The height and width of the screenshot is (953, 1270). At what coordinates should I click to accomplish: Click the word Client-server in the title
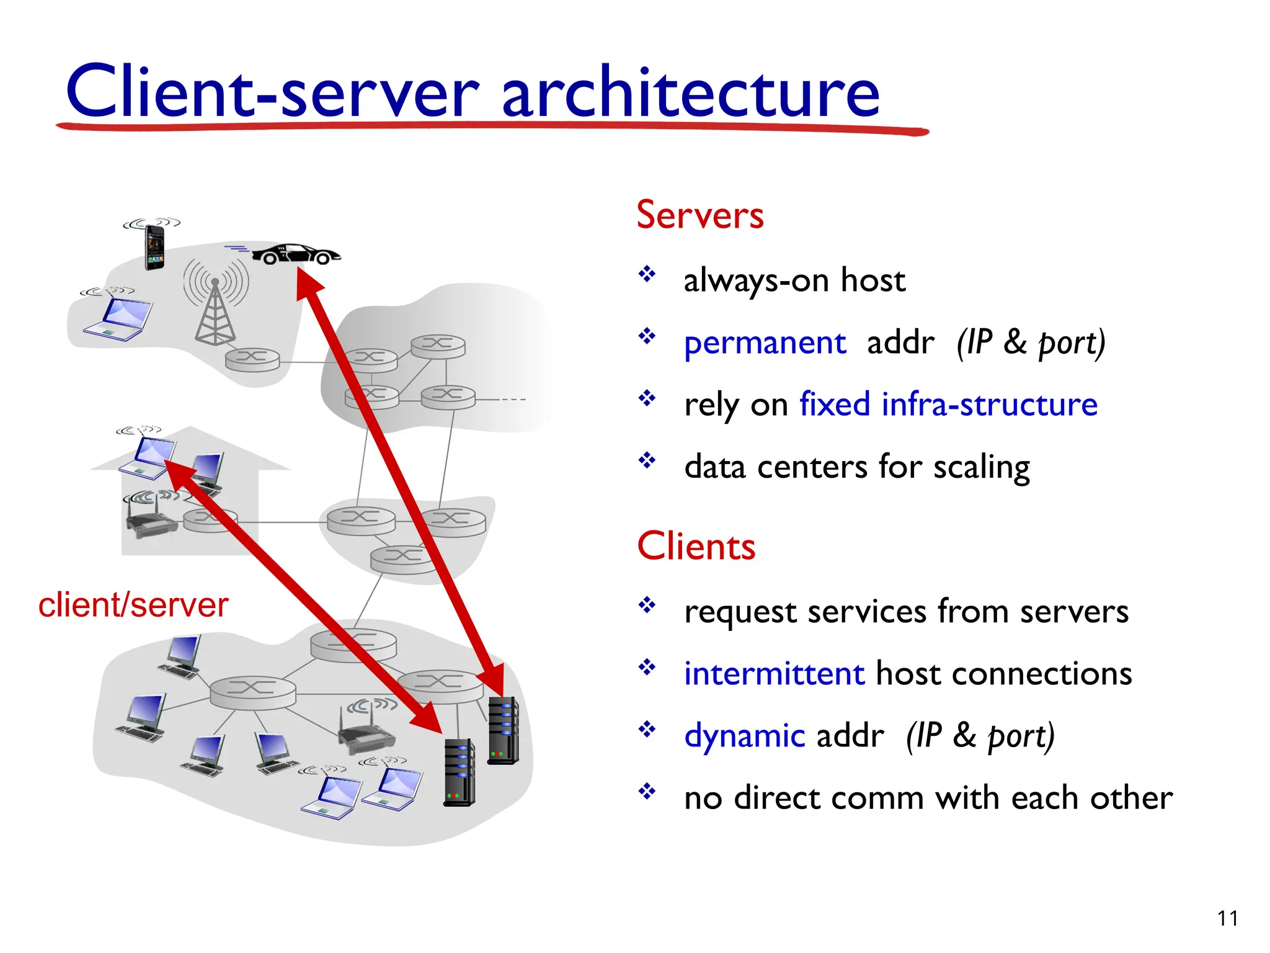pos(273,92)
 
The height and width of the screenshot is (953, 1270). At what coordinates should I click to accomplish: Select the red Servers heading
pos(700,215)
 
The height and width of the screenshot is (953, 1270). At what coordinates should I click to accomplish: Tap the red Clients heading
pos(696,547)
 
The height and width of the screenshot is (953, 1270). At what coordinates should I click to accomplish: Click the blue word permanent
pos(765,342)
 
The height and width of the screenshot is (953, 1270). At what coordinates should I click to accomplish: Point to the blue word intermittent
pos(774,674)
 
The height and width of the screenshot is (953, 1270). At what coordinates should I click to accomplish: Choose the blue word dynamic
pos(744,736)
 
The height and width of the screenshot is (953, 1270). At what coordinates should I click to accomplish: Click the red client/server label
pos(133,605)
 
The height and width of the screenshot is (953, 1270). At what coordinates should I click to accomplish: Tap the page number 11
pos(1227,918)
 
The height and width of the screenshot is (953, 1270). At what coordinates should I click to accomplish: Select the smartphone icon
pos(154,247)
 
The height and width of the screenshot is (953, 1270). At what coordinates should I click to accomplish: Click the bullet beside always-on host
pos(647,274)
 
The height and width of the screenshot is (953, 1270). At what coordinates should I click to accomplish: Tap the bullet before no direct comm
pos(647,791)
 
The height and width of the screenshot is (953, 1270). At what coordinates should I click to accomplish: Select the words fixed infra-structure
pos(948,405)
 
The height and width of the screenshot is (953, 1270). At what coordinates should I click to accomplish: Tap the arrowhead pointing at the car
pos(308,283)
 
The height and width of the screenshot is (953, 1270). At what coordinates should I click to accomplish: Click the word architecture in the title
pos(690,92)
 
